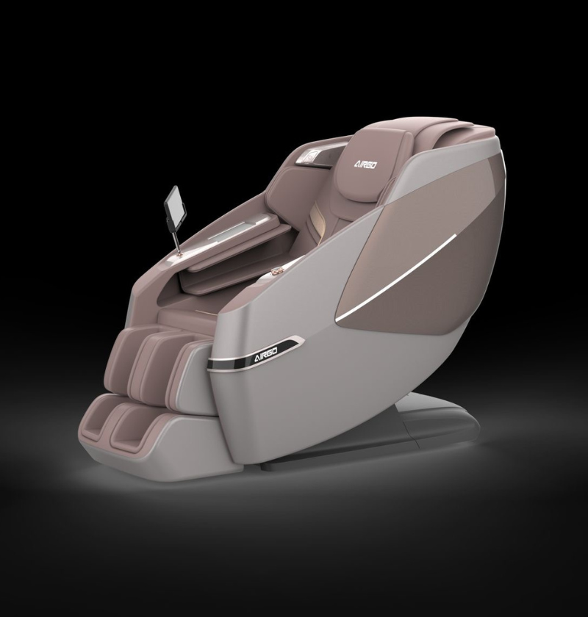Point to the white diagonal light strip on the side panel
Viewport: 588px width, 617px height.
[395, 274]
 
